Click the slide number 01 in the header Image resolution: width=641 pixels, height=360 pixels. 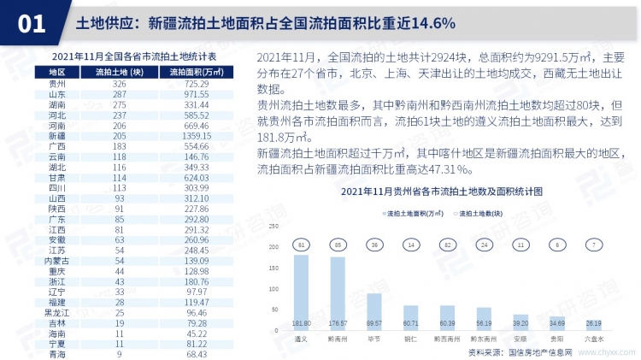31,23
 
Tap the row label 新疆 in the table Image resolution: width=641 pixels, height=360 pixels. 57,136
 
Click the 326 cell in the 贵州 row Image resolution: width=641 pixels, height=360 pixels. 119,84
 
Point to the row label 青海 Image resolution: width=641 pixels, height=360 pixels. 57,353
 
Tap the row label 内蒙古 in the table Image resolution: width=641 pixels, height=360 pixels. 57,260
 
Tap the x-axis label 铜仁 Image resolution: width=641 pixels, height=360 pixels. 411,339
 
